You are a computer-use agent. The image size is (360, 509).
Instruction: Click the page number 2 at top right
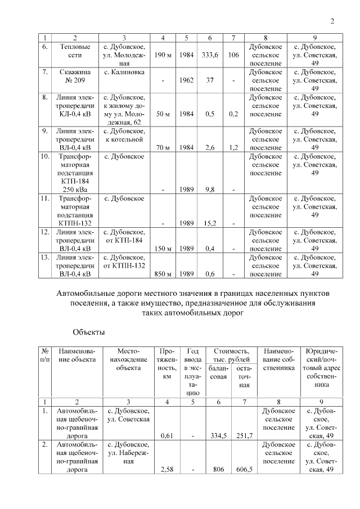(332, 22)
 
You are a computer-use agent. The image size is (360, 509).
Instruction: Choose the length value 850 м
(163, 274)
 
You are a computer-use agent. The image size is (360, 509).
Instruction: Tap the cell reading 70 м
(163, 148)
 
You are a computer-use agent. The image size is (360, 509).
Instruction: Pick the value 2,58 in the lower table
(166, 469)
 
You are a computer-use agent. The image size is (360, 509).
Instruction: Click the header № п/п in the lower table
(44, 355)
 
